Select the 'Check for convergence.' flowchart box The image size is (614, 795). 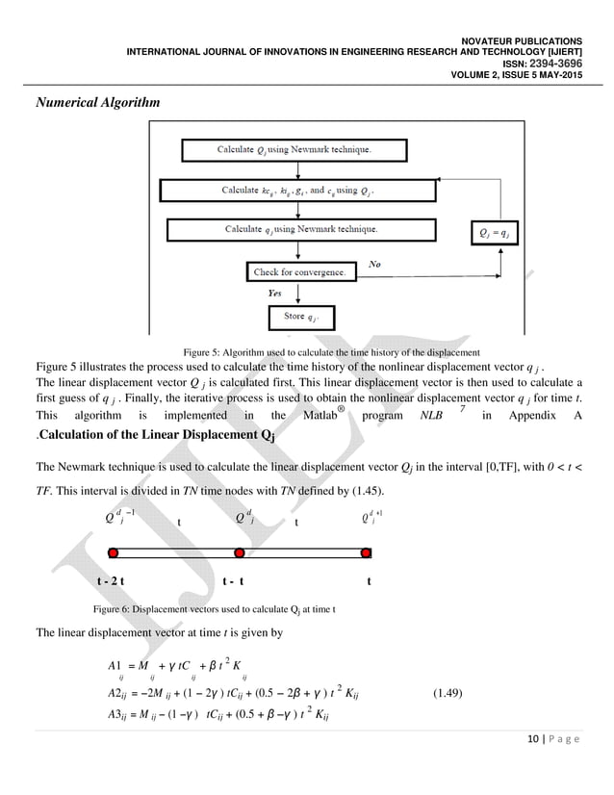tap(298, 272)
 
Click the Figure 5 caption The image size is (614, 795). tap(324, 351)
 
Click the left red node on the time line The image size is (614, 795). tap(114, 553)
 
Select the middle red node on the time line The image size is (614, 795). tap(240, 553)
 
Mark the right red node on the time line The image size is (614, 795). tap(366, 553)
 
